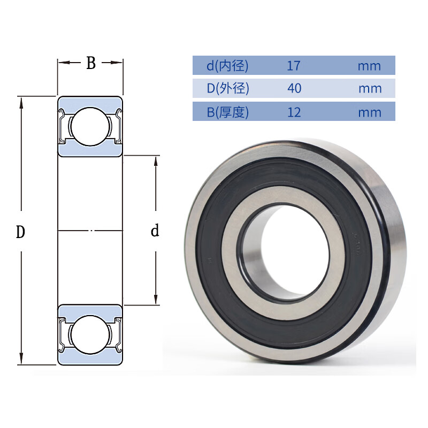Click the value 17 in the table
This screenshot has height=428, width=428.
point(293,66)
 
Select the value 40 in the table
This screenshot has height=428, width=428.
point(294,88)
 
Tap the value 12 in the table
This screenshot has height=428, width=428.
point(294,112)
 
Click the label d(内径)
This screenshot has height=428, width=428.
point(227,66)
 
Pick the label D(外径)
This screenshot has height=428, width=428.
point(228,88)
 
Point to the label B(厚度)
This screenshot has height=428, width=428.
point(228,112)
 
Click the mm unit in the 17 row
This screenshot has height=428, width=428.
point(369,66)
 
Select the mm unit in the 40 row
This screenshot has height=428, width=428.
point(370,89)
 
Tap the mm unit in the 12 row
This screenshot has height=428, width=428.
point(370,113)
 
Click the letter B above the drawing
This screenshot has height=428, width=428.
point(91,63)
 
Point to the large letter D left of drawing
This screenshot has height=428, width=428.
point(20,232)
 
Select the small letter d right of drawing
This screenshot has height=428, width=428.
point(155,231)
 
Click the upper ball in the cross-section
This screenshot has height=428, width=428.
point(90,126)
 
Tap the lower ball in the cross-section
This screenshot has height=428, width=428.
point(90,335)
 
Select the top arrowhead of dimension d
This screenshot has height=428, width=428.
point(156,162)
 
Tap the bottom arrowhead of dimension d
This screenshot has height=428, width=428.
point(156,300)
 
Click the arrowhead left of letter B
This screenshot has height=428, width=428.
point(64,63)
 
